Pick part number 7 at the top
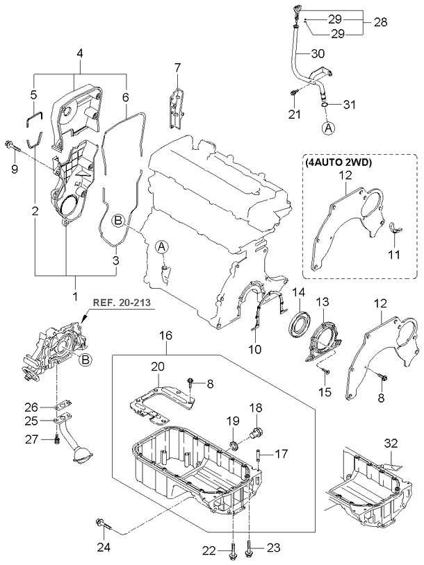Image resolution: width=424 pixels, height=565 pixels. (x=177, y=67)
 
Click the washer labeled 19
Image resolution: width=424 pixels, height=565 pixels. (x=234, y=442)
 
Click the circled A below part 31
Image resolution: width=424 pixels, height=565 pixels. (x=327, y=128)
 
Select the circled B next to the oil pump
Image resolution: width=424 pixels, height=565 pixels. (x=84, y=359)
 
